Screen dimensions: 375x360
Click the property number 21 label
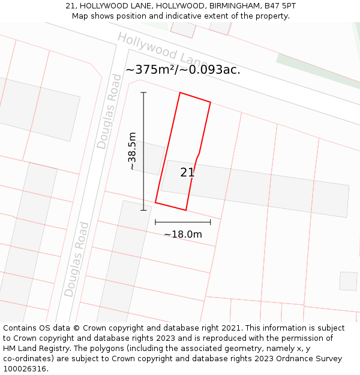[x=187, y=172]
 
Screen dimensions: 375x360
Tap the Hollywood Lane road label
[x=162, y=51]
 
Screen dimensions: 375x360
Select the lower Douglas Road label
[x=77, y=259]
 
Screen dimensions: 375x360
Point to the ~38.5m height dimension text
[x=132, y=151]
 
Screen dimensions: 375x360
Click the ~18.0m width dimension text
[x=183, y=234]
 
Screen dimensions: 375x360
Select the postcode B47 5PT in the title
[x=280, y=5]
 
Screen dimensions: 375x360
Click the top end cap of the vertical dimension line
[x=143, y=92]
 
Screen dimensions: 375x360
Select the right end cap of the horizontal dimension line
[x=210, y=222]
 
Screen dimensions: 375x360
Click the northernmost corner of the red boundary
[x=180, y=93]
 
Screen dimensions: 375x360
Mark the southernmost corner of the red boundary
[x=185, y=210]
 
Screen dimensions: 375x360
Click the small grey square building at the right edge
[x=348, y=281]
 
